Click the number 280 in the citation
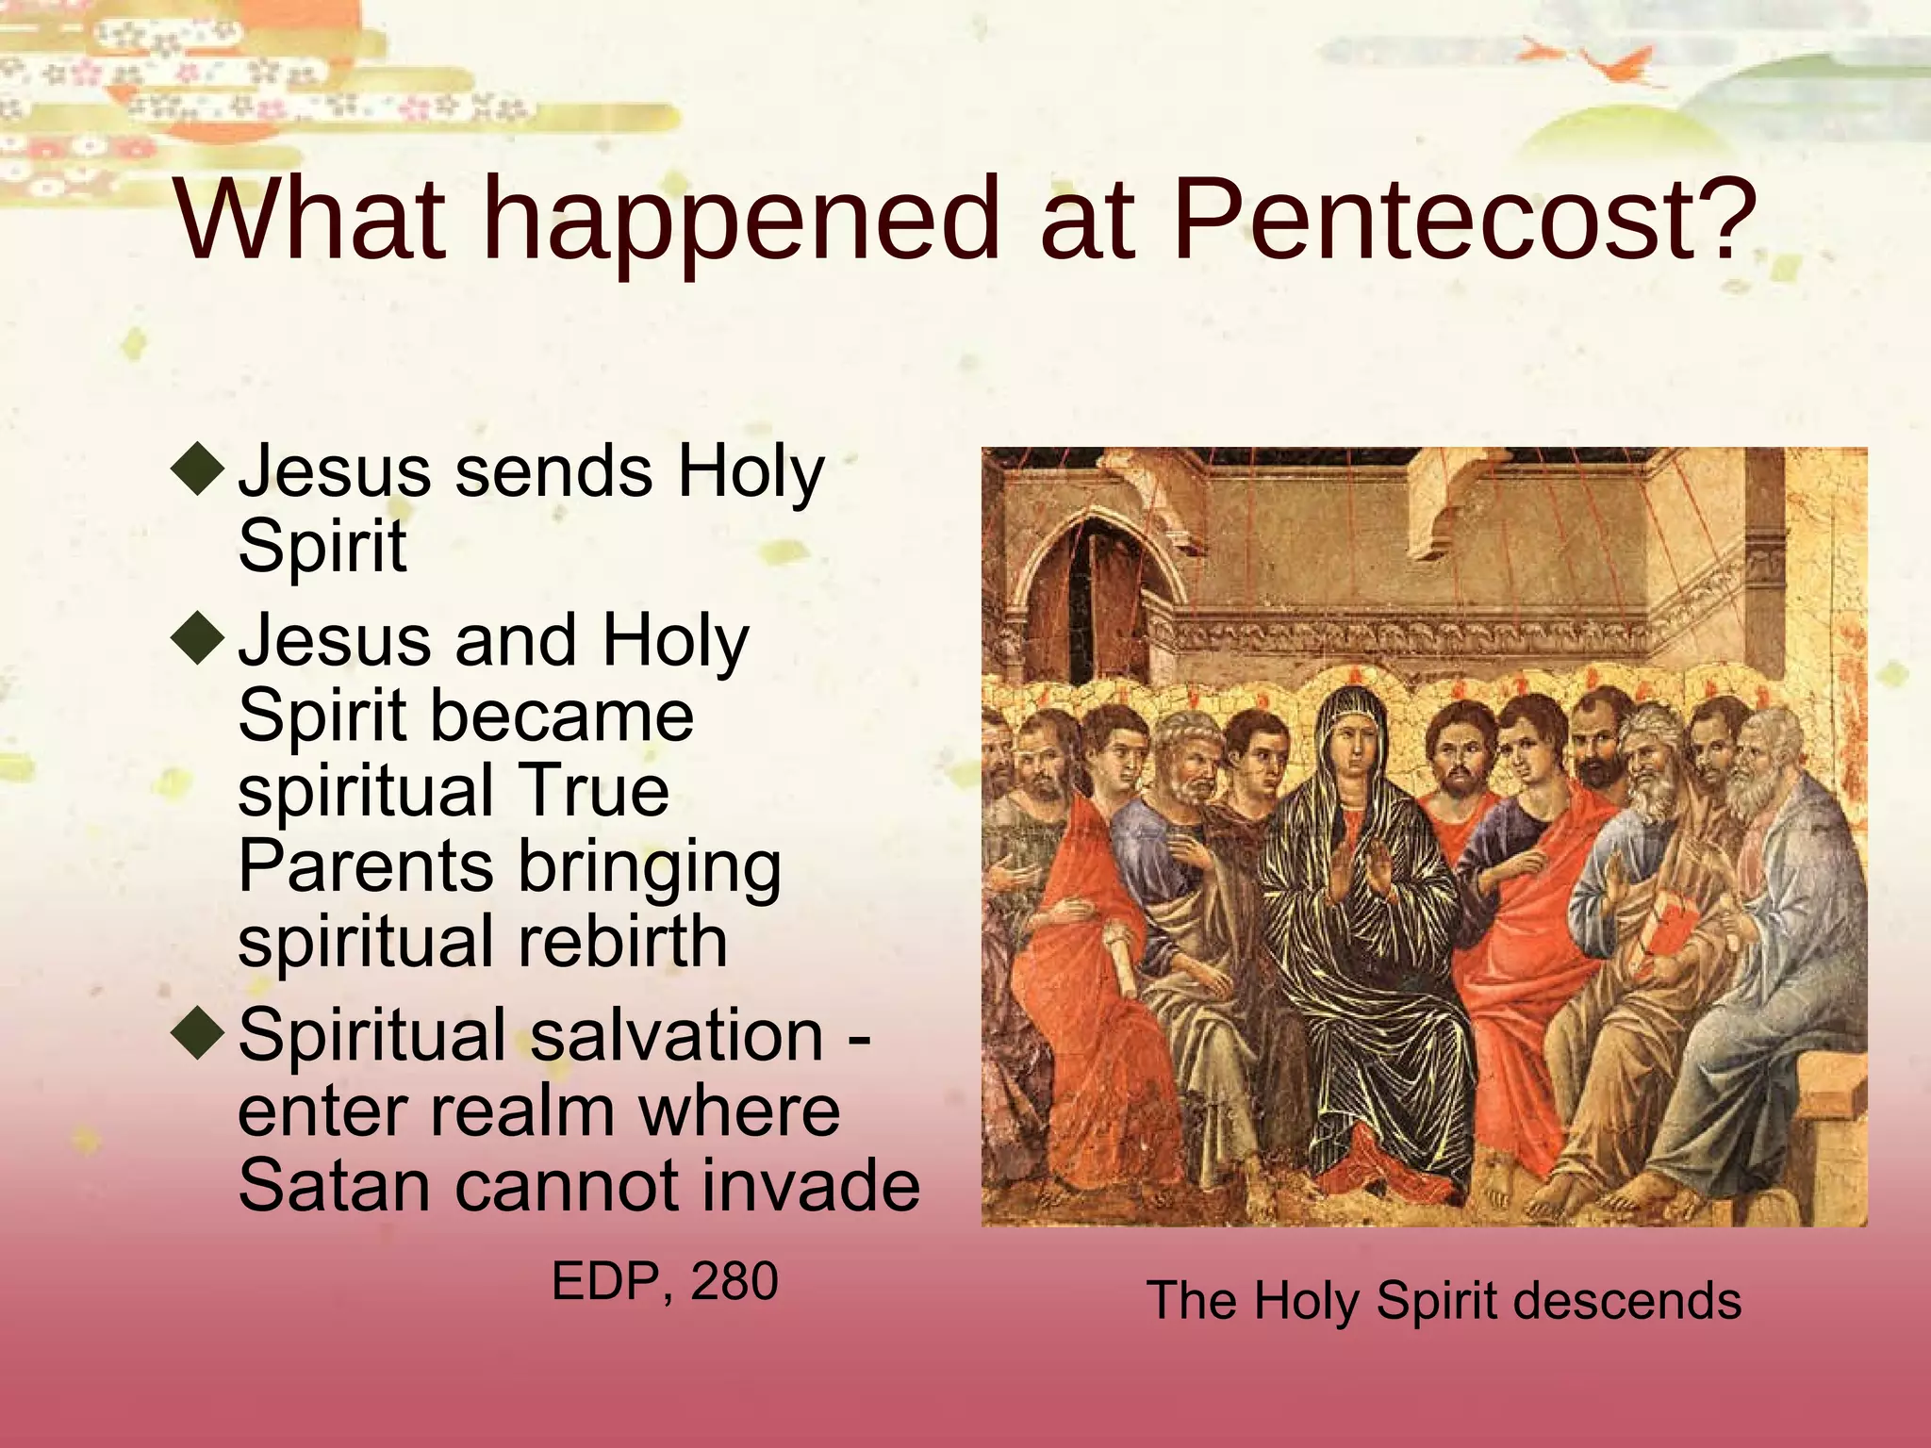click(734, 1281)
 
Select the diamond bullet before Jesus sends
click(199, 469)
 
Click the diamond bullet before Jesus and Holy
click(199, 638)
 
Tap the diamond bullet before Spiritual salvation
click(199, 1033)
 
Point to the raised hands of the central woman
click(1358, 872)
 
